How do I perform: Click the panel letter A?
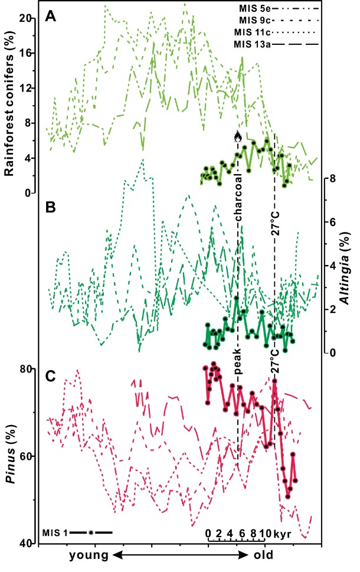pos(52,18)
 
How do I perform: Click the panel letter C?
pos(52,374)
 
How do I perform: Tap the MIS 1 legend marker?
pos(91,532)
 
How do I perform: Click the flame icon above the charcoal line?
pos(238,138)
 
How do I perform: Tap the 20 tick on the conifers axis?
pos(25,18)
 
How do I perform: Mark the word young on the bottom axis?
pos(89,555)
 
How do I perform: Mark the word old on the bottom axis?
pos(263,555)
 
